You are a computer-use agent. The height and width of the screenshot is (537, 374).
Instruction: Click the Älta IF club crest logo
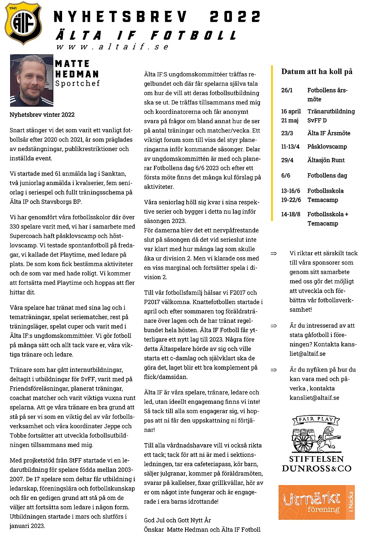[23, 23]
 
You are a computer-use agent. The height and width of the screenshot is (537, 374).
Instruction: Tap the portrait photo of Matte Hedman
[31, 80]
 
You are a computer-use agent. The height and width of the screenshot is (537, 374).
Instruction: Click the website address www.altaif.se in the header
[113, 47]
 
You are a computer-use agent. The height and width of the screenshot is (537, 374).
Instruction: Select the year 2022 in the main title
[235, 17]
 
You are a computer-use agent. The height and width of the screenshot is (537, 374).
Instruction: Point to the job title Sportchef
[77, 83]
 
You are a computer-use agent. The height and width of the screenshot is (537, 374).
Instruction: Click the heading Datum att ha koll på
[317, 71]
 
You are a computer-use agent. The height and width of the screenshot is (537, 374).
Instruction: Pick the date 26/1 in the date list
[287, 90]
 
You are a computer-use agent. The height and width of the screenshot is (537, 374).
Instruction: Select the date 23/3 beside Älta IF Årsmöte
[287, 133]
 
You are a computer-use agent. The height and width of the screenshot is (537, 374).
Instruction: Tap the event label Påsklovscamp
[327, 147]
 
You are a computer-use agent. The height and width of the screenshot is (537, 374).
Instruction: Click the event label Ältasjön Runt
[326, 160]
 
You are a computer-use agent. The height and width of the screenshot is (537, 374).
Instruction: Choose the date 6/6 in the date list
[285, 176]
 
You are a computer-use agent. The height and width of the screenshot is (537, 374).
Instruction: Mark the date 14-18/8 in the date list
[291, 214]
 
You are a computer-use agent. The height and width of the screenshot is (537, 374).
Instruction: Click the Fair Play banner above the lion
[316, 419]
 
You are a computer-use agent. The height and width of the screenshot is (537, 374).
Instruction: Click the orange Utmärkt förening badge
[316, 502]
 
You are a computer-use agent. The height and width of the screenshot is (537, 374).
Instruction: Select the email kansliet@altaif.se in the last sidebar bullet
[314, 398]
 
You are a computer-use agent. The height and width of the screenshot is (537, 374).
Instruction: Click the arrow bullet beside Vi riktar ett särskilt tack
[274, 254]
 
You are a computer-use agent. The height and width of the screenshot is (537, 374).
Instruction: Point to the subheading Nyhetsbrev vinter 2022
[42, 115]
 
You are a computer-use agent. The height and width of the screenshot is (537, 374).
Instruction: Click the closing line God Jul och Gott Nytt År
[177, 520]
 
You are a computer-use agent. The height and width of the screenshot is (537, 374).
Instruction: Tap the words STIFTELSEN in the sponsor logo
[316, 459]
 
